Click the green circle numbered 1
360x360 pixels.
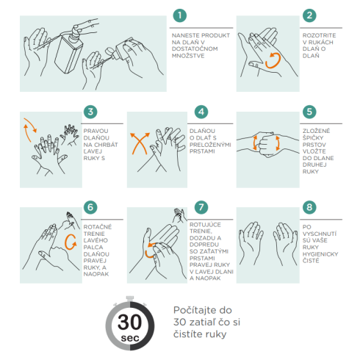[180, 15]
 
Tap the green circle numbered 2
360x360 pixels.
[309, 15]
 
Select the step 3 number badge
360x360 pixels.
[90, 112]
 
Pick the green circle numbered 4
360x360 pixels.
[201, 112]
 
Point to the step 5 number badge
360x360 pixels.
[309, 112]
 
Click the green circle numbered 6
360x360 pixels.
[90, 207]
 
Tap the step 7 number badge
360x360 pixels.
[201, 207]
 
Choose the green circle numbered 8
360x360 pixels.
[309, 207]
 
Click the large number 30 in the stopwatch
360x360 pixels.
[129, 322]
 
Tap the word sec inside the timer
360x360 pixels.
[130, 338]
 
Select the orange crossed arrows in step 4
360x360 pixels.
[140, 143]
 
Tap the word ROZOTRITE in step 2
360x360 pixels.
[319, 35]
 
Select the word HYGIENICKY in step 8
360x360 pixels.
[320, 254]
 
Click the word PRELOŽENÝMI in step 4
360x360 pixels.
[210, 145]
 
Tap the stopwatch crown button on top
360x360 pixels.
[130, 298]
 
